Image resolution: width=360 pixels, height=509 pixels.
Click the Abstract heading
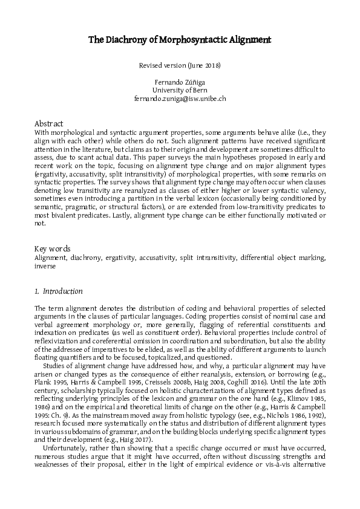[x=49, y=123]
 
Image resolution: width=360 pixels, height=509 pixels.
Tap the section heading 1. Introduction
[x=59, y=291]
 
